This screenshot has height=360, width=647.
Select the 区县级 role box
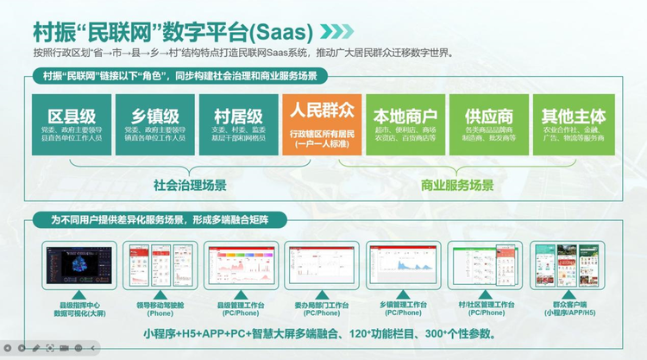[x=72, y=124]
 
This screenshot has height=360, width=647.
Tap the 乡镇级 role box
[x=155, y=124]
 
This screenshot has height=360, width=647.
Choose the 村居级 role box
[x=237, y=124]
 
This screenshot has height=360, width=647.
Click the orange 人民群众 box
[x=322, y=124]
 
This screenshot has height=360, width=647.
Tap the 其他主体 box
[x=573, y=124]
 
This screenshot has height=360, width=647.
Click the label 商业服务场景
[x=457, y=185]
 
